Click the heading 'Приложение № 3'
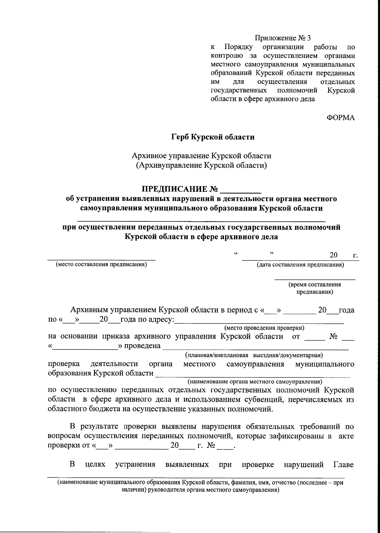tap(283, 38)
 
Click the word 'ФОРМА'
tap(341, 118)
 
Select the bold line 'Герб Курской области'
tap(213, 137)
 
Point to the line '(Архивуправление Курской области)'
tap(201, 165)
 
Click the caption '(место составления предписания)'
tap(101, 265)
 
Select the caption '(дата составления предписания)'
tap(300, 265)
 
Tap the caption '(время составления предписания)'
tap(314, 288)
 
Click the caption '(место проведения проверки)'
tap(264, 328)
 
